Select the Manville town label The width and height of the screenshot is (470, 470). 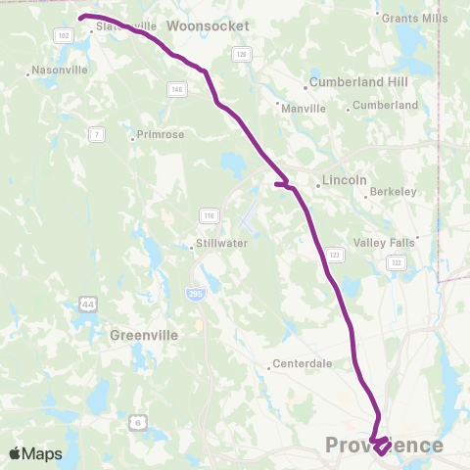303,109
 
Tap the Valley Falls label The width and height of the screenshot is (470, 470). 385,242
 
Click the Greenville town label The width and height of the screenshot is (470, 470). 144,335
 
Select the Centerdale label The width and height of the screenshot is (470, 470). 302,364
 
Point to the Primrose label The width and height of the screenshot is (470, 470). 161,135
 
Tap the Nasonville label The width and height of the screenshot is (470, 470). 61,70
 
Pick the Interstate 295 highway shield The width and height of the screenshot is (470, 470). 196,293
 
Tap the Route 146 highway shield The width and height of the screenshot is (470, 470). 176,89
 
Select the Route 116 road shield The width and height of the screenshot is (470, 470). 208,215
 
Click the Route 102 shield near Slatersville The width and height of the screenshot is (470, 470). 64,35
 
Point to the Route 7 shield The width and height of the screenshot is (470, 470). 96,133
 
